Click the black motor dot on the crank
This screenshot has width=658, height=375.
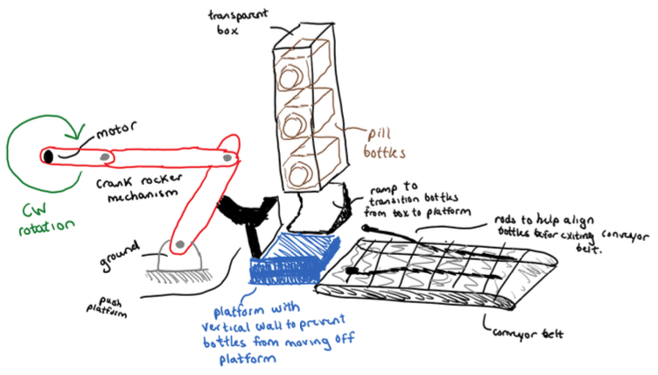coord(46,156)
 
